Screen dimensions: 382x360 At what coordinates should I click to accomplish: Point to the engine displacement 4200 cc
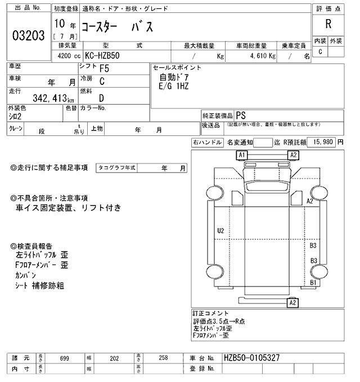coord(69,56)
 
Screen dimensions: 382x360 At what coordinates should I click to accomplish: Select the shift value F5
coord(104,70)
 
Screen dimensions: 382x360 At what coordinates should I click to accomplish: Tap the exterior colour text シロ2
coord(16,116)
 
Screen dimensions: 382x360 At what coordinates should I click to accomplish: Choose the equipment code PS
coord(240,115)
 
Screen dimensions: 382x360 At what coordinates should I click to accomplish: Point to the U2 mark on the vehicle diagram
coord(220,230)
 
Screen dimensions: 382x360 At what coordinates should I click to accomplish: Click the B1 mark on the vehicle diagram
coord(313,283)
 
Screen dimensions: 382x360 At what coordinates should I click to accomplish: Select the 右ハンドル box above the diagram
coord(206,143)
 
